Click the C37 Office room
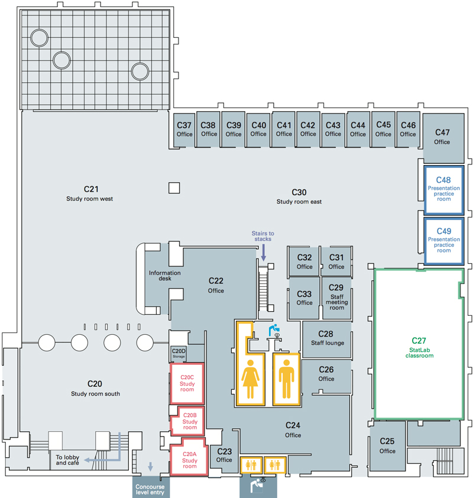(184, 129)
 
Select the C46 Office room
(408, 129)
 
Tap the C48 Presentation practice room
(443, 189)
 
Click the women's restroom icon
(251, 379)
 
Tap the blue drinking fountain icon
(274, 329)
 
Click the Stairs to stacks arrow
(264, 253)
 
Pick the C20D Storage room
(179, 354)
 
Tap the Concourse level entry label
(150, 489)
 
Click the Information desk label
(164, 276)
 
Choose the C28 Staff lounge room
(326, 338)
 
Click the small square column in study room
(173, 188)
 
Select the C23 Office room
(224, 455)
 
